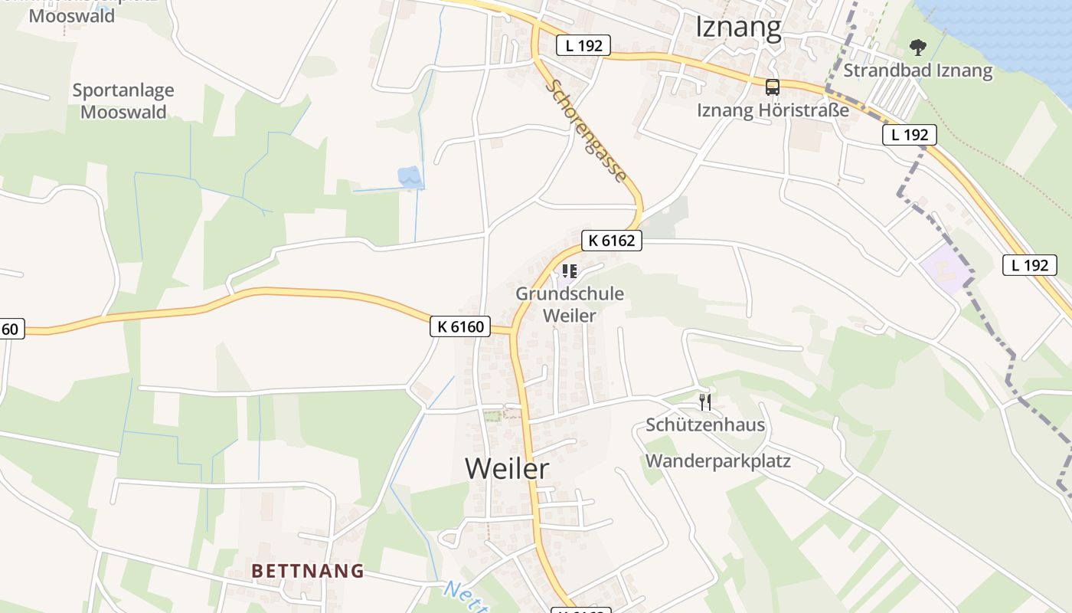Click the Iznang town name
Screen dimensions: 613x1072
(738, 28)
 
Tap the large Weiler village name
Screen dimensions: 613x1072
(507, 468)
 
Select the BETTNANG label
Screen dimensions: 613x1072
(308, 571)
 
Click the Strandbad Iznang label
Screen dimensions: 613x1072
(917, 71)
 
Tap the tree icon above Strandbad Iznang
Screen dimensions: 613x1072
(917, 48)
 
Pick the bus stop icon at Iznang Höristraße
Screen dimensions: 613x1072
(772, 87)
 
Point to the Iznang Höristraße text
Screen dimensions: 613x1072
(773, 110)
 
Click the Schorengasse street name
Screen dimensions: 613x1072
(587, 132)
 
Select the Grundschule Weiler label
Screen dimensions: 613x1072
(569, 304)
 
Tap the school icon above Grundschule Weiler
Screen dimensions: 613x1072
(569, 271)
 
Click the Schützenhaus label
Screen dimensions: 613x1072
(705, 425)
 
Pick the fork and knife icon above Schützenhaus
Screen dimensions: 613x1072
(705, 401)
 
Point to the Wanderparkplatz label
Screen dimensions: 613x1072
(718, 461)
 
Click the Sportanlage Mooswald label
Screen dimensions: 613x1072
(123, 101)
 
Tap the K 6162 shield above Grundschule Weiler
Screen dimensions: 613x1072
(611, 241)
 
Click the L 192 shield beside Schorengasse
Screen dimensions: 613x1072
(583, 46)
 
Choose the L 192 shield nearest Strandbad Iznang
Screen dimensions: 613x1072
(910, 136)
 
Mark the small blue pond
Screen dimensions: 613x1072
(409, 177)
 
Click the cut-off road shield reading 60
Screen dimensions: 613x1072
(11, 329)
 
